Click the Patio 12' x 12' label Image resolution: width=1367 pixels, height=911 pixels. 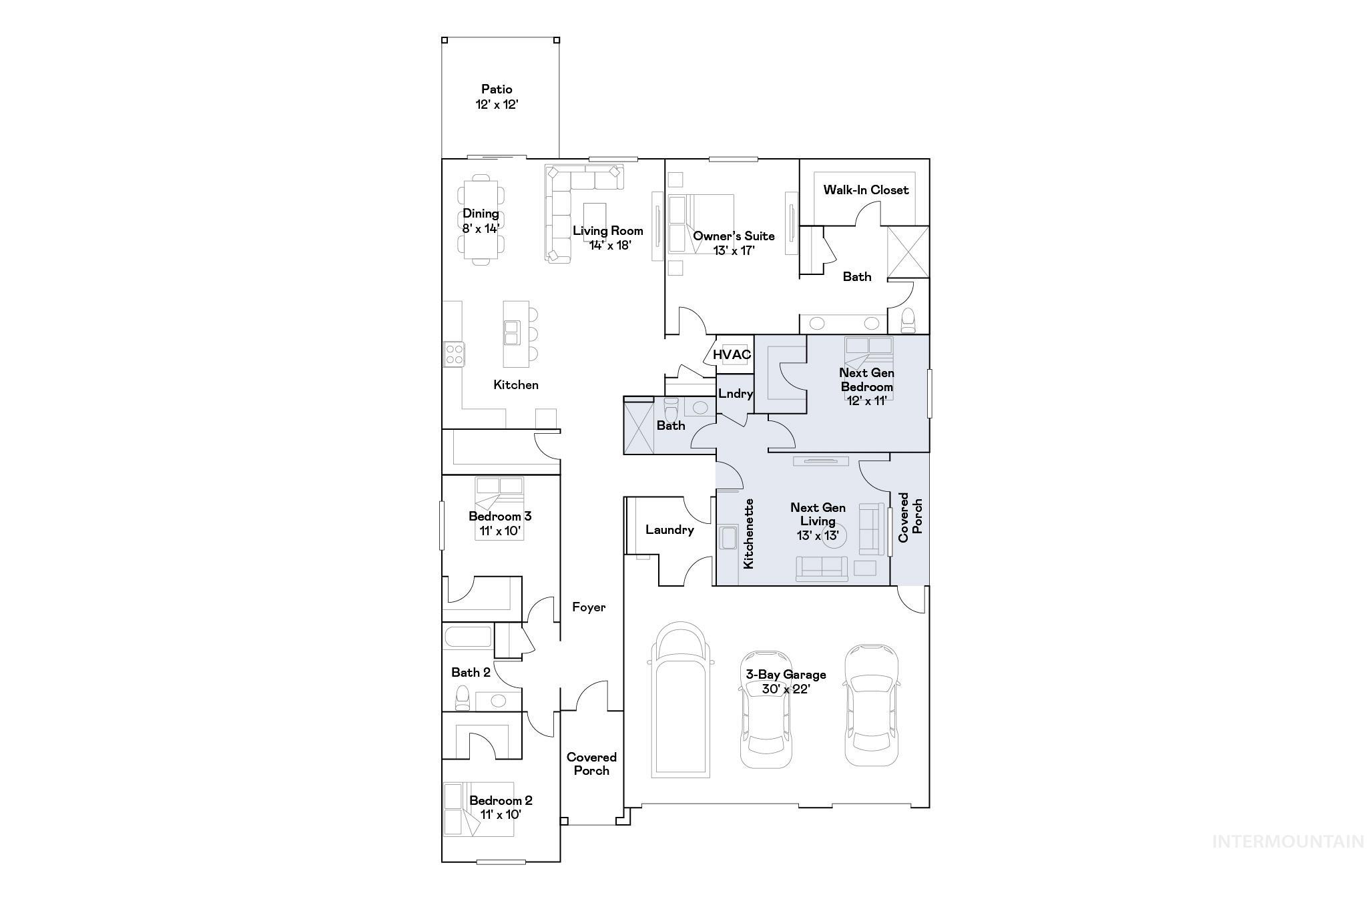click(497, 97)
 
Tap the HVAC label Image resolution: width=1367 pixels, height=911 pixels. click(732, 354)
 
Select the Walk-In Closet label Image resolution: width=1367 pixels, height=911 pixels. click(866, 190)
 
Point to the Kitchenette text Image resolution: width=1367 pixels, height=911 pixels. click(749, 534)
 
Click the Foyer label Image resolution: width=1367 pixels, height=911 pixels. click(589, 607)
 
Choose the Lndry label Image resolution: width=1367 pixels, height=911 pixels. click(736, 394)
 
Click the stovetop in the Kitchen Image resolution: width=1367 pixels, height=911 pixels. click(454, 353)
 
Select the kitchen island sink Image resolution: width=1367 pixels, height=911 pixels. click(512, 332)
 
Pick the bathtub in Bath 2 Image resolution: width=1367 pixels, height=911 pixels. click(468, 637)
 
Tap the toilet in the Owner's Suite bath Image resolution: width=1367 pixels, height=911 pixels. click(908, 320)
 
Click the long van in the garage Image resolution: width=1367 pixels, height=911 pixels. click(681, 701)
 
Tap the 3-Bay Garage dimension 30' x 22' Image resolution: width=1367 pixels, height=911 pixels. click(786, 689)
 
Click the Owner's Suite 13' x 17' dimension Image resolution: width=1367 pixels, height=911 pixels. click(734, 251)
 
